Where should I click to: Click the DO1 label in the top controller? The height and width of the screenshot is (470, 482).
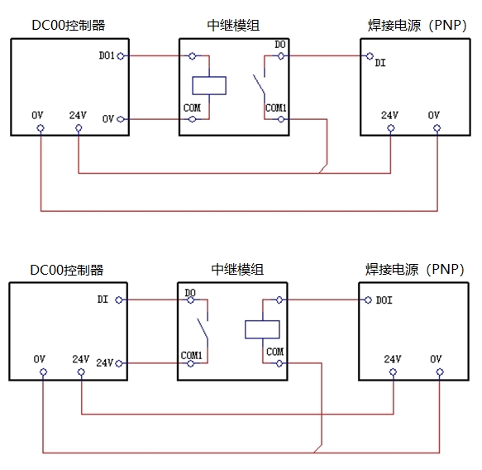(x=107, y=55)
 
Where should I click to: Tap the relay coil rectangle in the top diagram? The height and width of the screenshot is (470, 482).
(x=209, y=77)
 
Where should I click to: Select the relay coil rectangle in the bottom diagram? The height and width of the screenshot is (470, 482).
(x=262, y=321)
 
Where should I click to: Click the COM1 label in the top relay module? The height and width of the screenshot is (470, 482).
(x=276, y=108)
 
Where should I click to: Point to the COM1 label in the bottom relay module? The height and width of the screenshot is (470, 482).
(x=191, y=355)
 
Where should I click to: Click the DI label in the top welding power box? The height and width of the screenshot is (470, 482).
(x=380, y=63)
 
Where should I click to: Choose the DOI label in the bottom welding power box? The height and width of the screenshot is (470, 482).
(x=384, y=300)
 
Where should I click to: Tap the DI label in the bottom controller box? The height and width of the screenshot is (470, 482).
(x=103, y=300)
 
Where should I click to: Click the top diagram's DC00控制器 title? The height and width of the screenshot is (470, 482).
(x=69, y=25)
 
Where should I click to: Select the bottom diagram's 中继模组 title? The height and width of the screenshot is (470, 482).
(x=237, y=270)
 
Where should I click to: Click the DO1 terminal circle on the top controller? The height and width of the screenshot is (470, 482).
(x=121, y=56)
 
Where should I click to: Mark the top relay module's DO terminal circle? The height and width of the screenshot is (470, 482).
(x=280, y=56)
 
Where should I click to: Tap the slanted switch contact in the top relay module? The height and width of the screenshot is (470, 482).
(x=259, y=84)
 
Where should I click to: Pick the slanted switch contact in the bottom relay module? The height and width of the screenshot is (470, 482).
(x=203, y=329)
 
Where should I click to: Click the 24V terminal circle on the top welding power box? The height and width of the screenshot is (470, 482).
(x=391, y=127)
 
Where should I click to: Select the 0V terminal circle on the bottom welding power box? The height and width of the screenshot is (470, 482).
(x=440, y=372)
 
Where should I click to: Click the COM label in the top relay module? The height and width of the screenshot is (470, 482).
(x=192, y=108)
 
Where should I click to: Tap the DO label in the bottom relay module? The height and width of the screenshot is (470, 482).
(x=190, y=292)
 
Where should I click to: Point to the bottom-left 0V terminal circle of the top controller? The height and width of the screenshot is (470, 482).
(x=41, y=127)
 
